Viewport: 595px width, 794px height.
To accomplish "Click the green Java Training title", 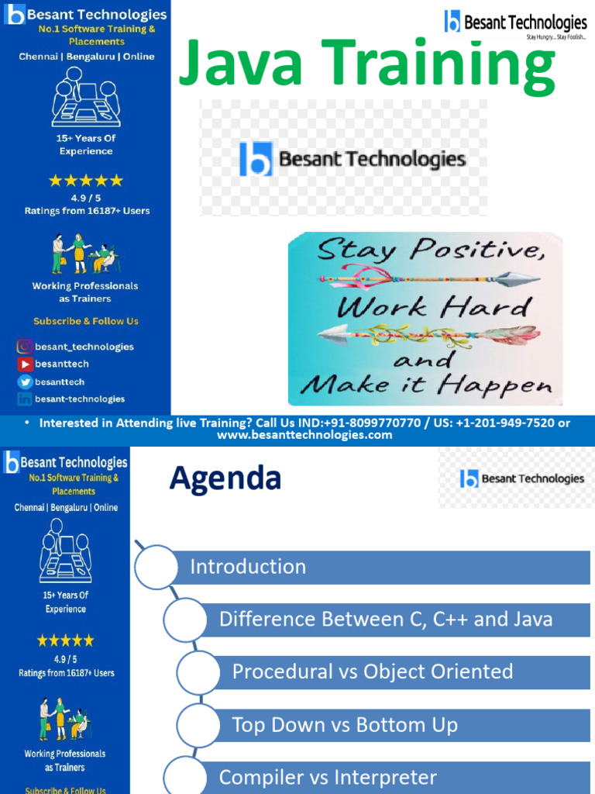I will tap(366, 65).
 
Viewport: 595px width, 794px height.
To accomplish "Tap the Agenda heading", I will tap(225, 478).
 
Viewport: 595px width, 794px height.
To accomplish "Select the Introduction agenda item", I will tap(248, 567).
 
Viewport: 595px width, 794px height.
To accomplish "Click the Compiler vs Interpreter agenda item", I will tap(328, 777).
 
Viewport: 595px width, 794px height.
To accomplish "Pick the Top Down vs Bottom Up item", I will tap(345, 725).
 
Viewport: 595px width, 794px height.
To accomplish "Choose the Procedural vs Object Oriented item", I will tap(373, 671).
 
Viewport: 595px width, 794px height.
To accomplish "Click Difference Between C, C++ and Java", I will tap(386, 619).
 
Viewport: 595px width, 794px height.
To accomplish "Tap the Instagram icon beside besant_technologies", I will tap(25, 347).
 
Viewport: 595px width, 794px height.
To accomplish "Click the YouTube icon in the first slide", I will tap(25, 364).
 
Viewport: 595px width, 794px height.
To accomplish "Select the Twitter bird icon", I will tap(25, 381).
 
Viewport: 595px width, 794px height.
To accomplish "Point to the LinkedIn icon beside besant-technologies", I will tap(25, 399).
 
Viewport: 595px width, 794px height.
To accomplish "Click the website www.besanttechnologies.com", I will tap(304, 435).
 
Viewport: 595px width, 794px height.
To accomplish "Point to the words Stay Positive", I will tap(424, 250).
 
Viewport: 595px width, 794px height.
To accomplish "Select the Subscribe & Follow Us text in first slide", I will tap(85, 321).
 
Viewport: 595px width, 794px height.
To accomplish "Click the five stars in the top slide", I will tap(86, 181).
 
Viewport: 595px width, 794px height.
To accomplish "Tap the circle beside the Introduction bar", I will tap(156, 567).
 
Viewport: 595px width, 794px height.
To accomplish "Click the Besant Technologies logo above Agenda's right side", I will tap(521, 479).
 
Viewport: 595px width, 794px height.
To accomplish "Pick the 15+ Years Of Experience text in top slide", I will tap(86, 145).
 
